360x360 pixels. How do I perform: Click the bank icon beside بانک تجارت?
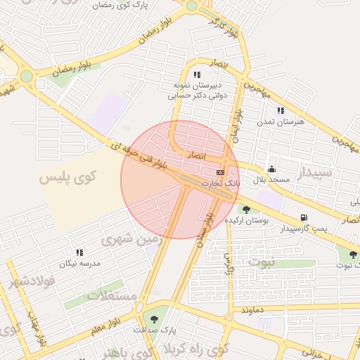click(x=221, y=172)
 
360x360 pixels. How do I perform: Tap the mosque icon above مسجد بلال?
click(x=271, y=169)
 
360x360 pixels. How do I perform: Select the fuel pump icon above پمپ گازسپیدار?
click(x=303, y=218)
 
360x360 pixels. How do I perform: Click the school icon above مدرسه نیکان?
click(x=79, y=252)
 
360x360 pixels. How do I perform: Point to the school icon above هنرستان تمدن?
click(x=281, y=110)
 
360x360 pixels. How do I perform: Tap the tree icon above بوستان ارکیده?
click(x=245, y=209)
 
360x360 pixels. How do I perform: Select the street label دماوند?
click(x=251, y=309)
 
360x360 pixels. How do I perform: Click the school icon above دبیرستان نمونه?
click(x=197, y=75)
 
